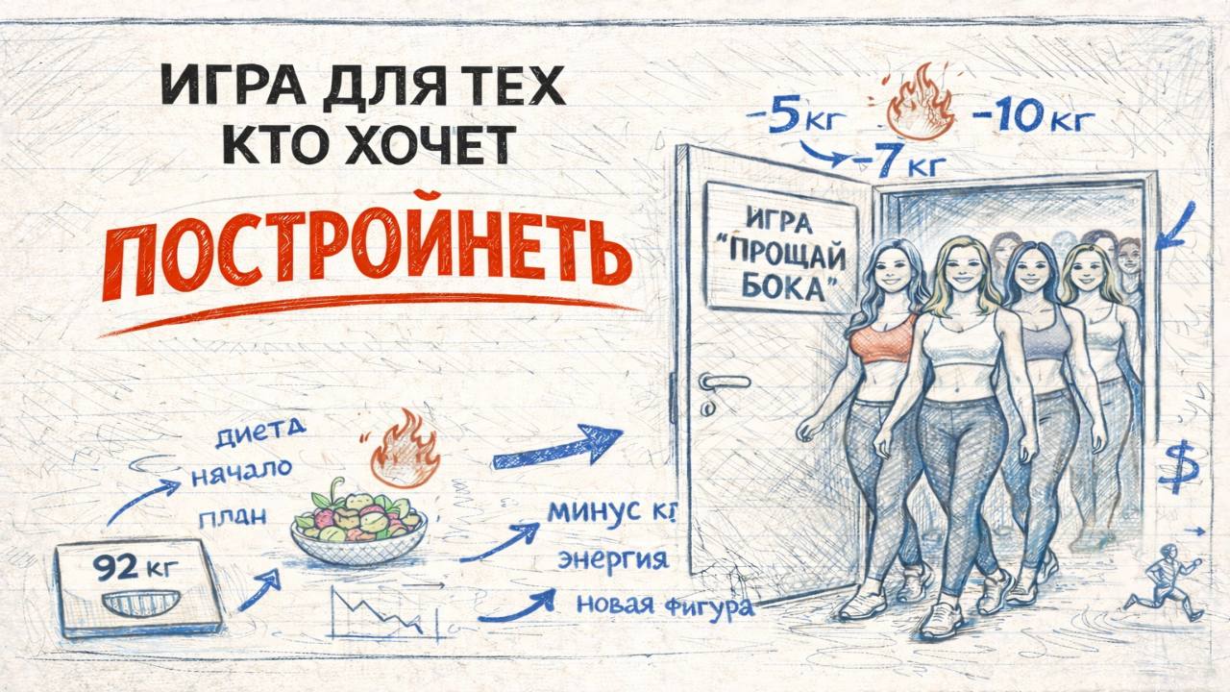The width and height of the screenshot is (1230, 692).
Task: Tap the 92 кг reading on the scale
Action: (x=135, y=567)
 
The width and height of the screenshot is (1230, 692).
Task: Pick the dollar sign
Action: (x=1177, y=466)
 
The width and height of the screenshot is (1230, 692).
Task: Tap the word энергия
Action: (x=613, y=559)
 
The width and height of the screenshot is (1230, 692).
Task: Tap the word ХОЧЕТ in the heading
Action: (x=429, y=144)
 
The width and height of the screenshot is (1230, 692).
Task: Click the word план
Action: (x=233, y=516)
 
